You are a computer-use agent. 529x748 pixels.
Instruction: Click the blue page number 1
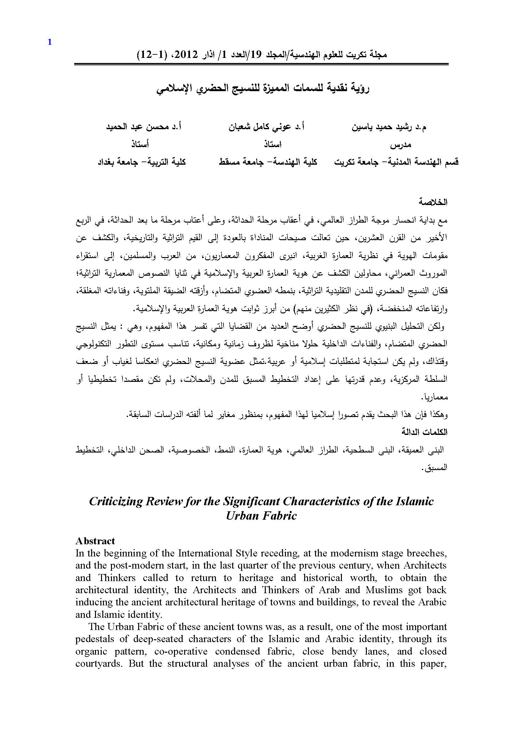coord(50,42)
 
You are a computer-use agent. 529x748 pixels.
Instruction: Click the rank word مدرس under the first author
coord(401,145)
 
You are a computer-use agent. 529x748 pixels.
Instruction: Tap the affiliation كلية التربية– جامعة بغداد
coord(142,162)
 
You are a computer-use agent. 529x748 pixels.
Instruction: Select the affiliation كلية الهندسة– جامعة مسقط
coord(268,162)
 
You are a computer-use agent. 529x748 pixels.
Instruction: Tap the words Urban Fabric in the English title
coord(261,516)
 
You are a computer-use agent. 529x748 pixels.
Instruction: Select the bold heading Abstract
coord(95,541)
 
